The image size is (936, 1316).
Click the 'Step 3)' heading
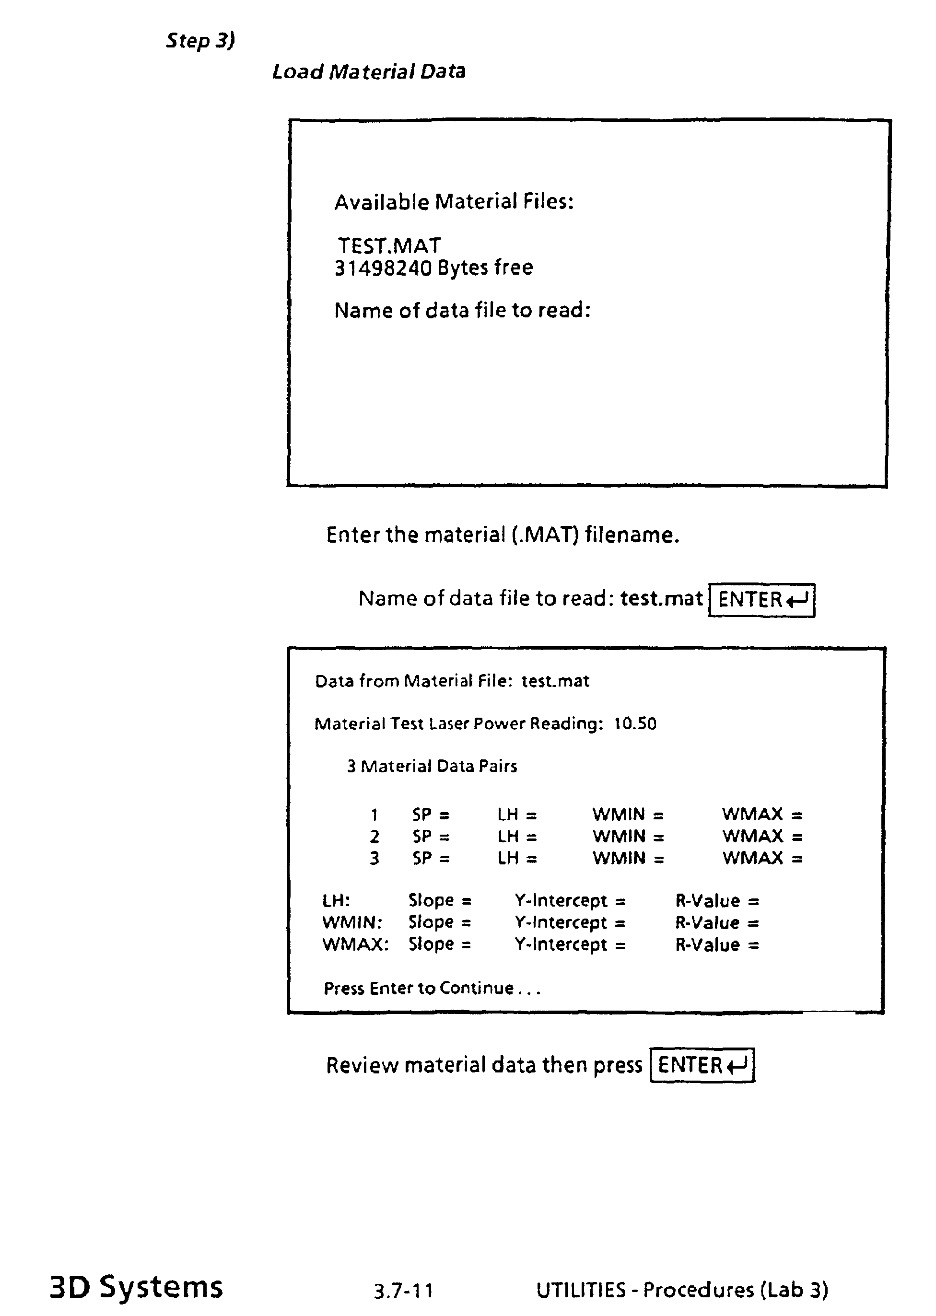(200, 40)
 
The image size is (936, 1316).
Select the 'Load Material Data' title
(368, 71)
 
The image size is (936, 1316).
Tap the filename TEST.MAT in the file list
(389, 246)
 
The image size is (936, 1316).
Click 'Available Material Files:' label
(454, 202)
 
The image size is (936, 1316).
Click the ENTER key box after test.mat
(761, 600)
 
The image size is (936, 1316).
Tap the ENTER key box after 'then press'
(702, 1065)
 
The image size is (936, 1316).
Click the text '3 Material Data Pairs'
(432, 766)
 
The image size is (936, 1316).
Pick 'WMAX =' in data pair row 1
(762, 814)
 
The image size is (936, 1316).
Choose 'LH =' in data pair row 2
(517, 836)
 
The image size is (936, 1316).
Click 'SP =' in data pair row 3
(431, 859)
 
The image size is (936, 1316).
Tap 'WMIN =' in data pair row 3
(628, 859)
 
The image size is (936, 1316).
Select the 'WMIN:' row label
(352, 923)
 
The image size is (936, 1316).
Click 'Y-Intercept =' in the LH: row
(570, 900)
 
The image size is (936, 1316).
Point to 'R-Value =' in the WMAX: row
(717, 945)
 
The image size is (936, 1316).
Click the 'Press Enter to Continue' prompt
(432, 989)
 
